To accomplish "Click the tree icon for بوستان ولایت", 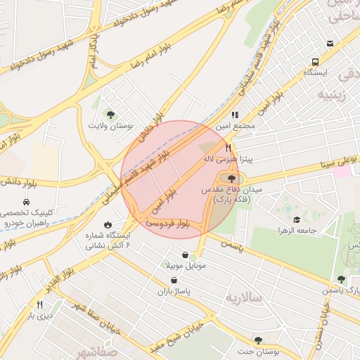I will point(109,113).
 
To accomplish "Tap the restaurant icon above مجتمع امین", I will point(235,115).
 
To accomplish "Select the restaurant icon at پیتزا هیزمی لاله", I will point(228,148).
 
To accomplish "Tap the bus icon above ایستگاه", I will point(330,44).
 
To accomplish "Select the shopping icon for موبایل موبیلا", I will point(185,255).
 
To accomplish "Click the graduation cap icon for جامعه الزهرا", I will point(296,219).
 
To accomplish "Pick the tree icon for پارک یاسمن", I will point(341,279).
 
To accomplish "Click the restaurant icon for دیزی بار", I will point(39,304).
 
